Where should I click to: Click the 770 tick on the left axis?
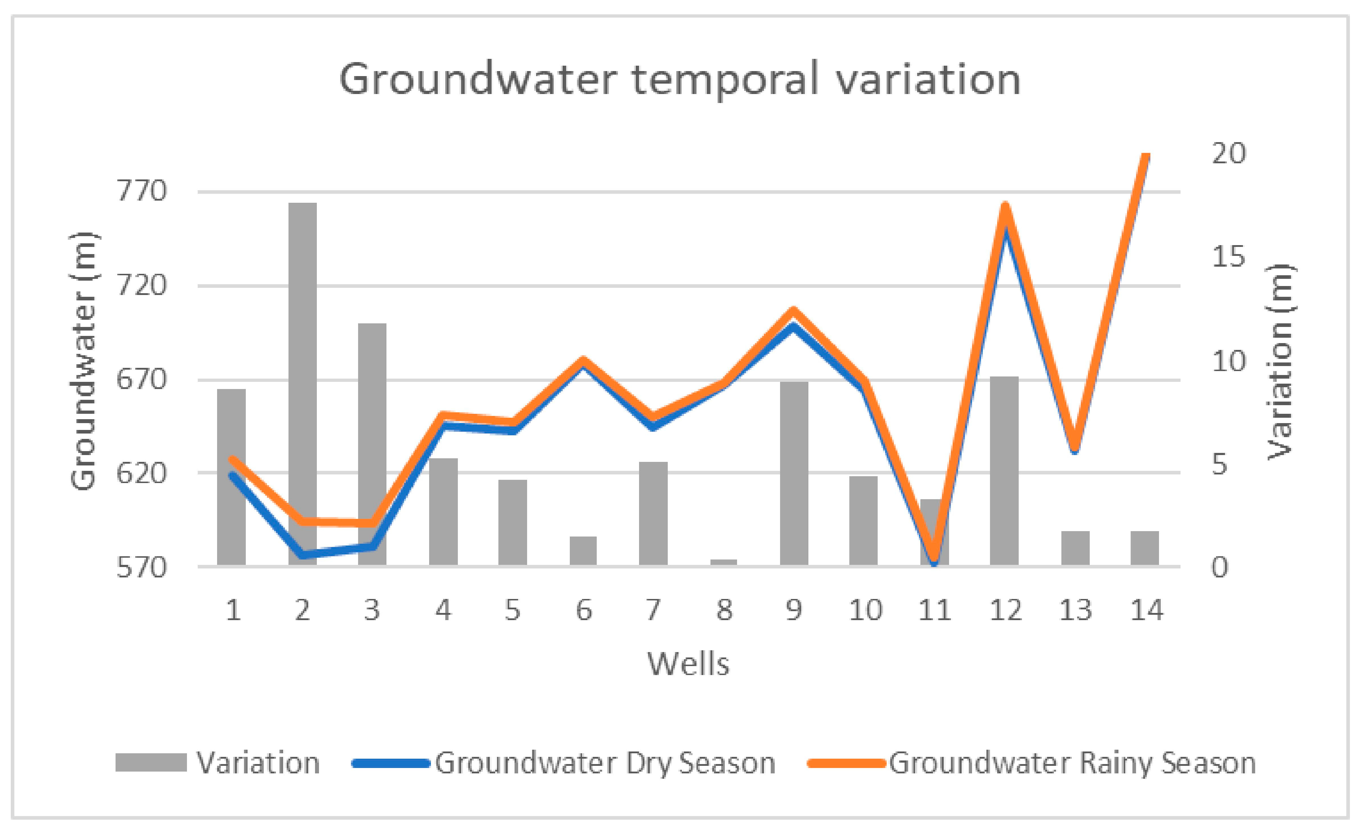point(141,192)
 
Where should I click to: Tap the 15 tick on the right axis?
point(1229,257)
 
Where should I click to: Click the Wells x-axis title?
point(688,663)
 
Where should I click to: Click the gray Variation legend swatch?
point(151,763)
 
